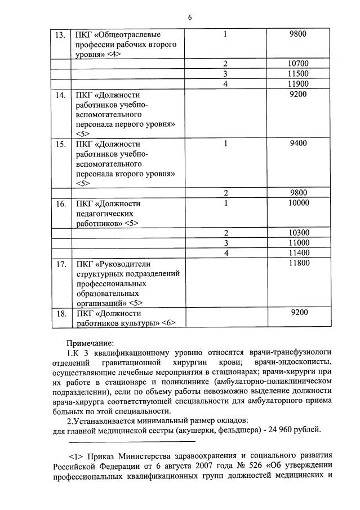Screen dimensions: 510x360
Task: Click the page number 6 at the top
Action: point(190,17)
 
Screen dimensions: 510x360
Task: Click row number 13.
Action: point(59,34)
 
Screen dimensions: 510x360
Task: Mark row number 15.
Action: point(59,144)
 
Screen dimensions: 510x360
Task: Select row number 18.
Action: point(59,313)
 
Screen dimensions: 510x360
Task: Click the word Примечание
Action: point(90,342)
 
